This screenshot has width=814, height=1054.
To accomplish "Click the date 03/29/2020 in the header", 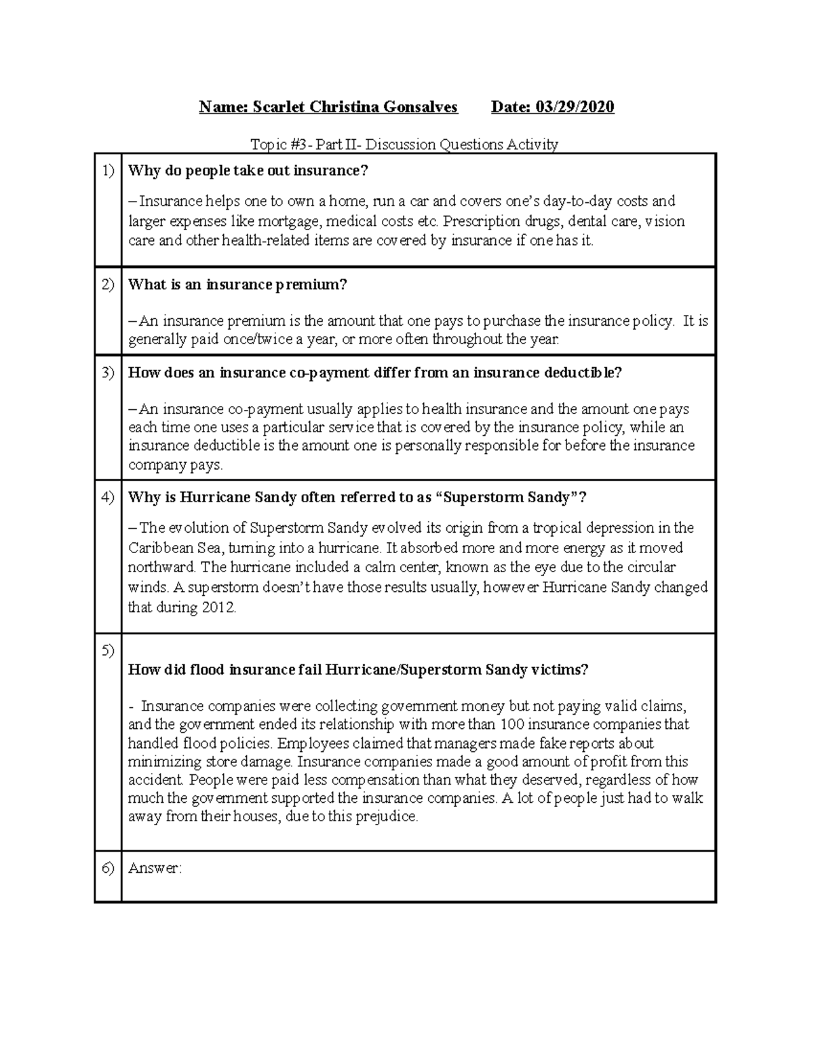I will click(575, 107).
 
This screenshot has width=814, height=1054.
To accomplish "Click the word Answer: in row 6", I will click(155, 869).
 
